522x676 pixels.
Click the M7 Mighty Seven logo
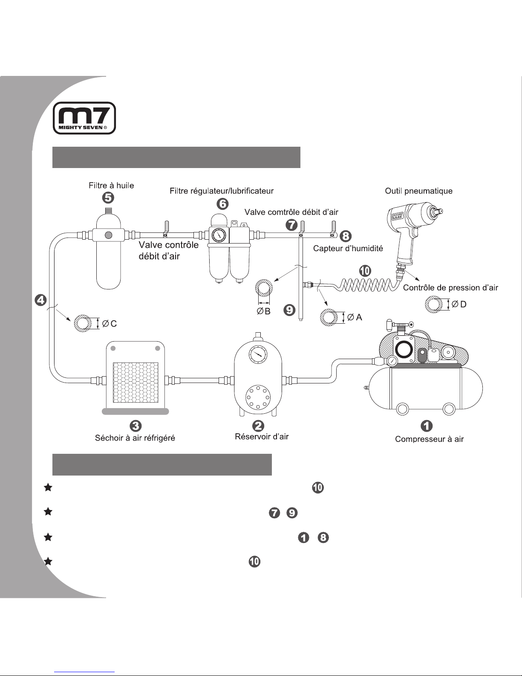point(84,118)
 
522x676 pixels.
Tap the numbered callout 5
point(110,198)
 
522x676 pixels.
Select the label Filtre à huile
point(111,185)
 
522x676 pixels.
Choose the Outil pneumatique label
point(418,191)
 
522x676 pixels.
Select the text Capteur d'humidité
point(348,249)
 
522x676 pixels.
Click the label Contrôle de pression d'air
point(450,288)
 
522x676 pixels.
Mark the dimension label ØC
point(110,324)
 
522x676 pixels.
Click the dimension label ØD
point(459,304)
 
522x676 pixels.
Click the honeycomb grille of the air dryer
point(135,383)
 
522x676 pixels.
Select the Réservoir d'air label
point(262,437)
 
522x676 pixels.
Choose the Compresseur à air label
point(429,439)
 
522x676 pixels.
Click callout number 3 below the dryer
point(135,425)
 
